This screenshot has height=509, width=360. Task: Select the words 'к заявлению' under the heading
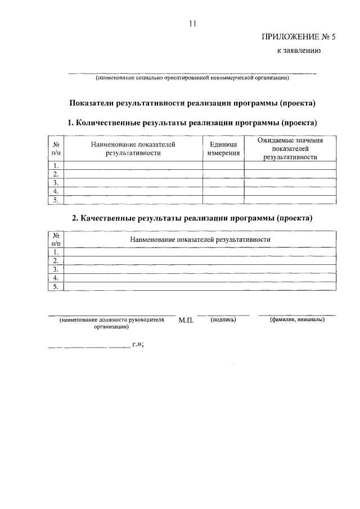coord(298,52)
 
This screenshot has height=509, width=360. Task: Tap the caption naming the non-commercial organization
coord(192,78)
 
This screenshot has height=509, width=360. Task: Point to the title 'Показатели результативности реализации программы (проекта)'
coord(192,103)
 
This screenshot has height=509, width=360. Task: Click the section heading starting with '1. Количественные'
coord(192,122)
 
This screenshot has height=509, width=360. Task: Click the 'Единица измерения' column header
coord(223,148)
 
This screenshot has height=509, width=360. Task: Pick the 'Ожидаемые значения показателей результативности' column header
coord(291,148)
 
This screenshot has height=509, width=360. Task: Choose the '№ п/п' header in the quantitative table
coord(56,148)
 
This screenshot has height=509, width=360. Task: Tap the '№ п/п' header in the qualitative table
coord(56,240)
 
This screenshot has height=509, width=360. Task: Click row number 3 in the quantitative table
coord(56,183)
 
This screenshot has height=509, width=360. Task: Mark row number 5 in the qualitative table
coord(56,286)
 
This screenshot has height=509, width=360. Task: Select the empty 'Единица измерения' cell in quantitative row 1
coord(223,165)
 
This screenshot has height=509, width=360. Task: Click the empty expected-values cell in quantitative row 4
coord(291,191)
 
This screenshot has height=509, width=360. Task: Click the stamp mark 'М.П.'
coord(186,321)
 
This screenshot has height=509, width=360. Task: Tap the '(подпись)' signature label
coord(223,319)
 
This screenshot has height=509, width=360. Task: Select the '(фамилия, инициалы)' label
coord(296,319)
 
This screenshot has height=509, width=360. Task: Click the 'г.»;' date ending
coord(138,345)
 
